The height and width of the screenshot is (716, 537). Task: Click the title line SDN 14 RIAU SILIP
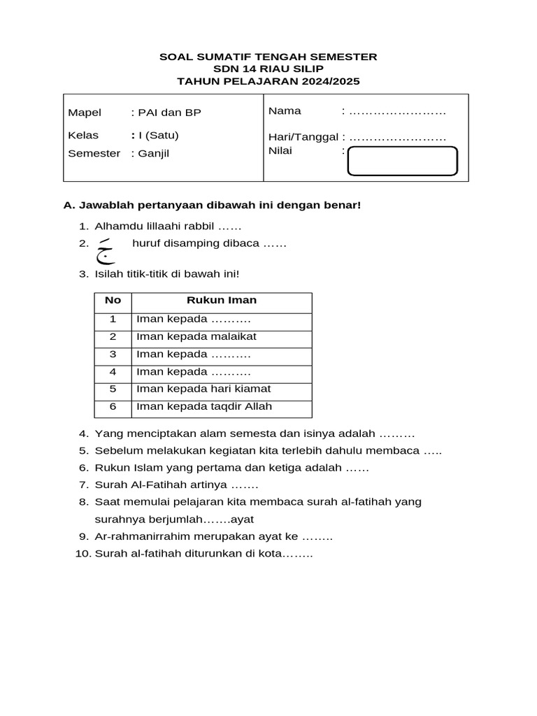[x=268, y=69]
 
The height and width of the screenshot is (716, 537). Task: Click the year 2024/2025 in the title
[x=331, y=81]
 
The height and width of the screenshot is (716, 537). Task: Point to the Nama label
[x=285, y=110]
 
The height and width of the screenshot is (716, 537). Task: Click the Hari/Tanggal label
[x=303, y=137]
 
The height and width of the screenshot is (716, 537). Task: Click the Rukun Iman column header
[x=221, y=300]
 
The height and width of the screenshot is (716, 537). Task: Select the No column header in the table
[x=113, y=300]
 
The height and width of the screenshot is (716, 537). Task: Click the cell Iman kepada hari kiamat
[x=203, y=389]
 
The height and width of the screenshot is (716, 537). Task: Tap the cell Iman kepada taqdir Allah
[x=204, y=406]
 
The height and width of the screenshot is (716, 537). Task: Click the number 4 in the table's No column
[x=113, y=371]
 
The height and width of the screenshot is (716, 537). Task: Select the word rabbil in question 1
[x=200, y=226]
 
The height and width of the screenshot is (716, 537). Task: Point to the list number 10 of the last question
[x=83, y=554]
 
